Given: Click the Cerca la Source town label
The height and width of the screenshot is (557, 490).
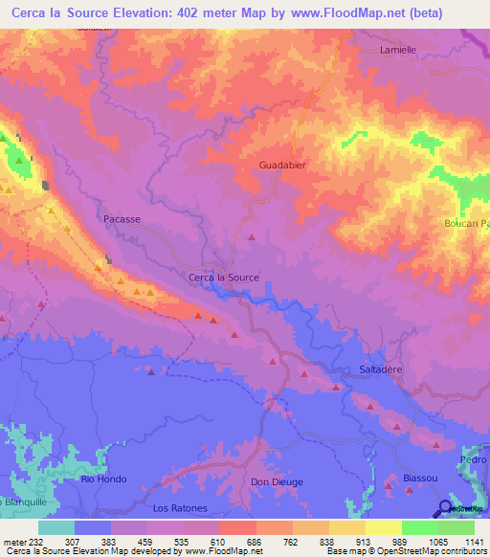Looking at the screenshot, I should (x=224, y=278).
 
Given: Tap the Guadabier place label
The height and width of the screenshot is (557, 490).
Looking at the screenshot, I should (x=282, y=165).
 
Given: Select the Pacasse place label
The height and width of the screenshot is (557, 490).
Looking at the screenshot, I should (x=122, y=219).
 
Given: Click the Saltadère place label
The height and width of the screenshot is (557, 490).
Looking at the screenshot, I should (x=386, y=368).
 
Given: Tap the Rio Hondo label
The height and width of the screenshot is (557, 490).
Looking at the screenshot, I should (x=100, y=479).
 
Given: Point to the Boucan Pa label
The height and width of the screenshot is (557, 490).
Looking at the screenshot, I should (x=466, y=224).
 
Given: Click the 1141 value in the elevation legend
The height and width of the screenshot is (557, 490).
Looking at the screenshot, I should (x=475, y=541).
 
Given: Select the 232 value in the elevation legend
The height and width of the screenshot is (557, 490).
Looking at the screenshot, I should (x=37, y=541).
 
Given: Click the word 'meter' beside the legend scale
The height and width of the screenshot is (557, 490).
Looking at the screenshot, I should (x=12, y=541).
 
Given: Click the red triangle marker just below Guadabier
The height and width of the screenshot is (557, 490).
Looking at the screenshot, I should (x=252, y=237).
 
